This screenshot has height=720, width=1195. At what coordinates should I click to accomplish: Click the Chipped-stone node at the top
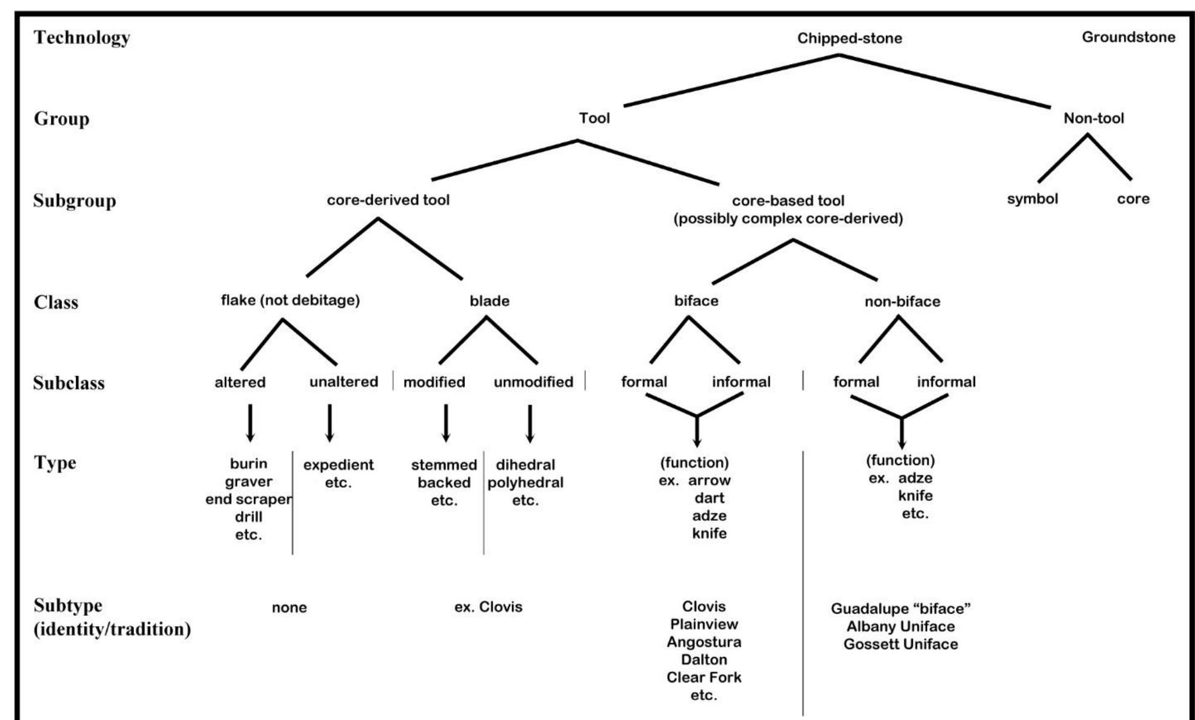[x=849, y=38]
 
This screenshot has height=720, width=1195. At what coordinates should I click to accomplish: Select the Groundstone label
[x=1128, y=37]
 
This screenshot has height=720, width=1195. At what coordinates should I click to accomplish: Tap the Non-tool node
[x=1093, y=118]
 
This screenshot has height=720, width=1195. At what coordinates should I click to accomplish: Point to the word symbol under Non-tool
[x=1032, y=199]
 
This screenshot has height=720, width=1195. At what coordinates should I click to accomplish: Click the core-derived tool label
[x=388, y=200]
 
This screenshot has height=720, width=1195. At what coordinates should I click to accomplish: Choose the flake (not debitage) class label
[x=290, y=300]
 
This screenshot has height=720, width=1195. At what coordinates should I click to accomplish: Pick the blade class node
[x=489, y=301]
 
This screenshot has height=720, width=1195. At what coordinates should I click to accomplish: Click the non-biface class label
[x=902, y=302]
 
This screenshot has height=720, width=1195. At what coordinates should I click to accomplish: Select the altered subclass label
[x=240, y=382]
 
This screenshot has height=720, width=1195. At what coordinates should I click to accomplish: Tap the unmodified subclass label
[x=533, y=382]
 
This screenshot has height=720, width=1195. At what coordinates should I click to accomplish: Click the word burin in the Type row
[x=248, y=464]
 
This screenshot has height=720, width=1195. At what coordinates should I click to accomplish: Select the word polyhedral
[x=525, y=483]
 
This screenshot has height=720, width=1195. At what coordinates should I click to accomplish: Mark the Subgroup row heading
[x=75, y=200]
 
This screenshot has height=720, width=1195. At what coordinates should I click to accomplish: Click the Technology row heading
[x=82, y=38]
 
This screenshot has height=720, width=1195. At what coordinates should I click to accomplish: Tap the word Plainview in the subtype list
[x=704, y=624]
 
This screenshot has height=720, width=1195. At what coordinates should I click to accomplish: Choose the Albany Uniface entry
[x=900, y=626]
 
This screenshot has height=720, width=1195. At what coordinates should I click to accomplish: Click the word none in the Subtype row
[x=289, y=607]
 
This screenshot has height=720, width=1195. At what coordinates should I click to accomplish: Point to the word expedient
[x=338, y=465]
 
